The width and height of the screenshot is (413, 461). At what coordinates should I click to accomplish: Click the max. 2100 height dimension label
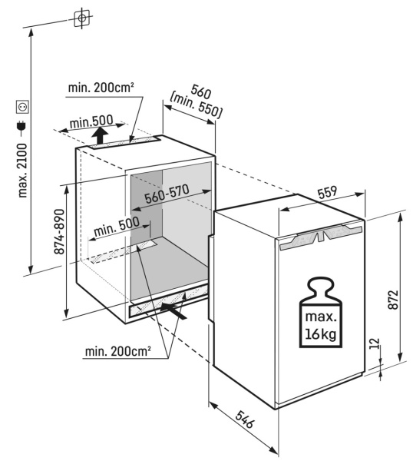[x=22, y=171]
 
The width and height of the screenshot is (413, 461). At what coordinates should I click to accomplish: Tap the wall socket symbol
[x=22, y=107]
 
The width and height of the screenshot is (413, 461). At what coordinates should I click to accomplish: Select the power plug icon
[x=22, y=126]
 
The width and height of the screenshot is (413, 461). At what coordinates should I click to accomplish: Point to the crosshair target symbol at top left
[x=82, y=18]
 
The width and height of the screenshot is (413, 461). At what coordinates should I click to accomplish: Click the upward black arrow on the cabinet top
[x=100, y=135]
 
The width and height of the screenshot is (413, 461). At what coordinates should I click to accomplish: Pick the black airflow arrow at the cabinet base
[x=173, y=311]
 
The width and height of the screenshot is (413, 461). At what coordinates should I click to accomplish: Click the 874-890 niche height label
[x=60, y=231]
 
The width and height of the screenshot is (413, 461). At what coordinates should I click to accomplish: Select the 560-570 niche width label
[x=167, y=194]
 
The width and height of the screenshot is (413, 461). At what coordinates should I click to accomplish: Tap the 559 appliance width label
[x=327, y=192]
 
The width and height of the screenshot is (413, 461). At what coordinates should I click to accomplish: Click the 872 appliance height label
[x=393, y=300]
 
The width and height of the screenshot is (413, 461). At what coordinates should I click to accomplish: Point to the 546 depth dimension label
[x=244, y=420]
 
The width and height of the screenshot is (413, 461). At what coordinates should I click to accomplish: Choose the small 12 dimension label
[x=375, y=343]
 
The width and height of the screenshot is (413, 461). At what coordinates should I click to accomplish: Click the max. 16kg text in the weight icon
[x=321, y=325]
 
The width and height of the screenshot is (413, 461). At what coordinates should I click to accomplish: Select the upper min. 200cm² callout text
[x=101, y=88]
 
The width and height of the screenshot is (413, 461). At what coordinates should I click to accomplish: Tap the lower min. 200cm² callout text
[x=118, y=351]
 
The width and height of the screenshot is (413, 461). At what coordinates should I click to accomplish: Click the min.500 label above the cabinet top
[x=91, y=121]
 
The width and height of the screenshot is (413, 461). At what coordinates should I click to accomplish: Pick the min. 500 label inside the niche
[x=117, y=227]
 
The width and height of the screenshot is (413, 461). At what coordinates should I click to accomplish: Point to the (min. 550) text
[x=195, y=105]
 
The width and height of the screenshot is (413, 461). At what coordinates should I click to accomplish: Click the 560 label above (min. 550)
[x=201, y=91]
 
